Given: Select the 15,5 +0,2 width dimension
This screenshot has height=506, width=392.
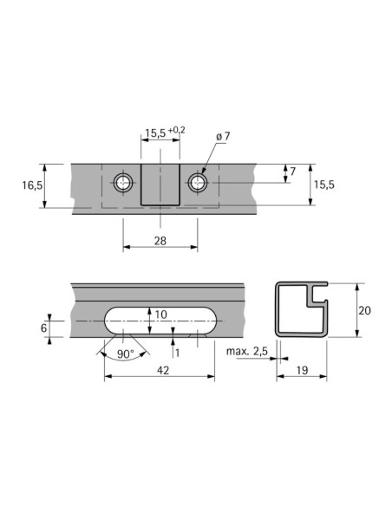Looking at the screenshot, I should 164,133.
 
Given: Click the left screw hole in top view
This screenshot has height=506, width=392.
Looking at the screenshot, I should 123,182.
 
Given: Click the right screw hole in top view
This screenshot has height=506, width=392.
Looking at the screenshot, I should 198,182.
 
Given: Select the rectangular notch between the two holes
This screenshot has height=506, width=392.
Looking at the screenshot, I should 160,186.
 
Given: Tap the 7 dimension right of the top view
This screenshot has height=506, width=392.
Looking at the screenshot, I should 292,172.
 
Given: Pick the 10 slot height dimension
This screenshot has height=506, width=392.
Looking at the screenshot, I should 160,314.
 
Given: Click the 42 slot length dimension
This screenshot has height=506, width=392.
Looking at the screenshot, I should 160,371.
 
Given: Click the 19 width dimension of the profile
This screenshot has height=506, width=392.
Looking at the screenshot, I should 301,370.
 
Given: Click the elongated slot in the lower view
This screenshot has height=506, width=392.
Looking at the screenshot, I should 160,322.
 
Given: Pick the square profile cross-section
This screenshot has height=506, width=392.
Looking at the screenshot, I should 301,309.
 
